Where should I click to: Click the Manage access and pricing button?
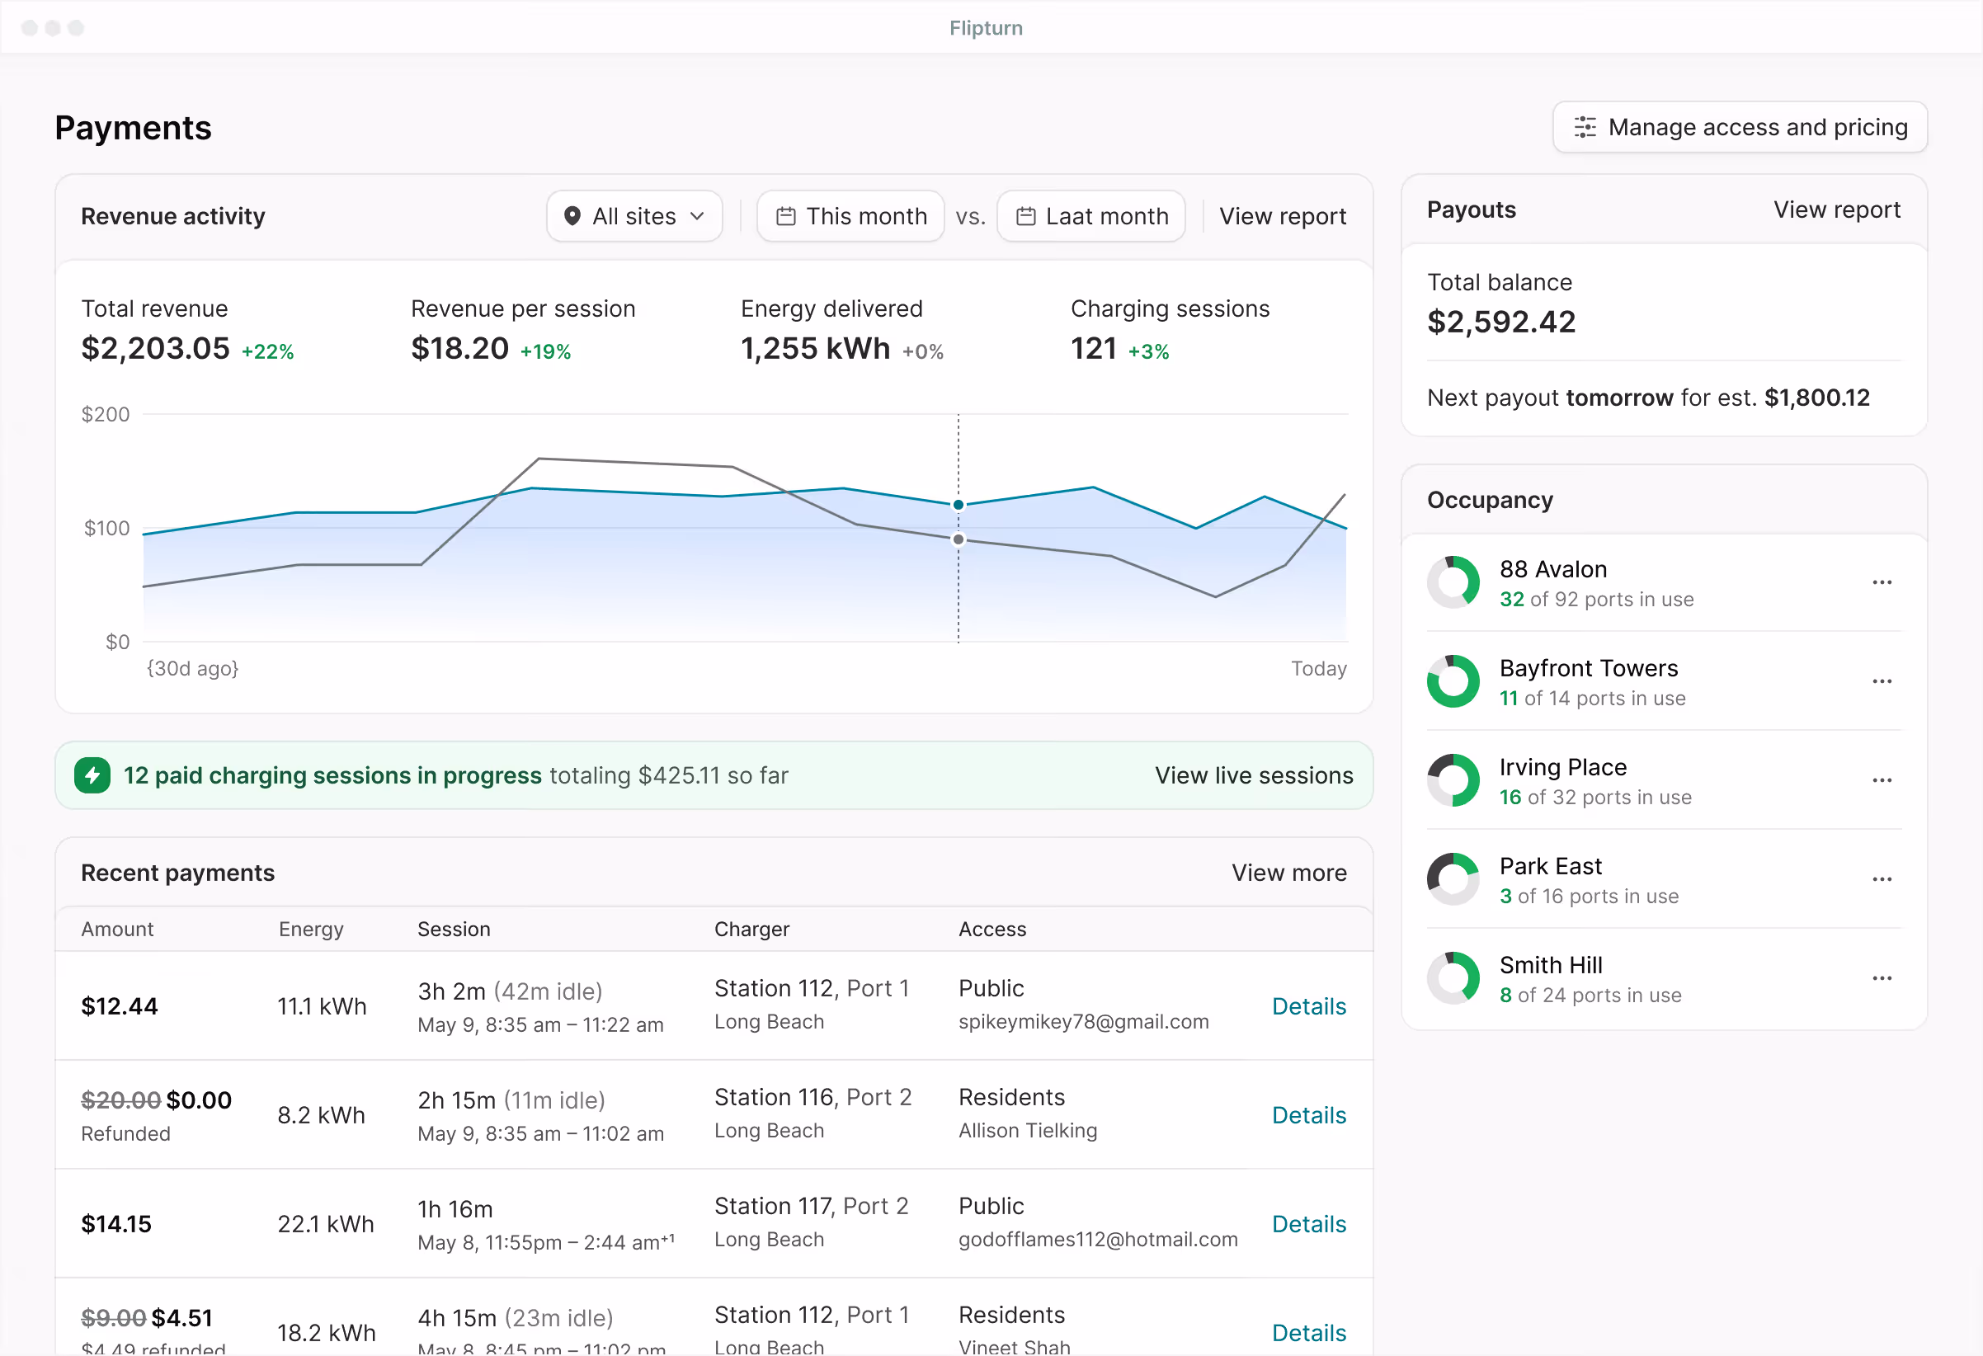(1739, 127)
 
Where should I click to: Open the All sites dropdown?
(634, 216)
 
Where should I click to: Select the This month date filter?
(850, 216)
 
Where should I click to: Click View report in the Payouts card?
(1836, 210)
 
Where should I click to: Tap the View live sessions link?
(1254, 775)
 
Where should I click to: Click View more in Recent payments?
(1288, 872)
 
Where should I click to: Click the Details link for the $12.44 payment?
(1308, 1006)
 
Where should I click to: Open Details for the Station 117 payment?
(1308, 1224)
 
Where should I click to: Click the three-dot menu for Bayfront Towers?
(1882, 681)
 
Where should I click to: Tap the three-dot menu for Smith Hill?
(1882, 978)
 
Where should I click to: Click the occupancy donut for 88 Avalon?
(1453, 582)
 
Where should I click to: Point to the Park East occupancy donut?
(1453, 879)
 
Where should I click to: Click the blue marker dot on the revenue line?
(959, 504)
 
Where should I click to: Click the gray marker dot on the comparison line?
(959, 539)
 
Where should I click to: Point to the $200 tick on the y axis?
(105, 415)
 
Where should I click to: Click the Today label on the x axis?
(1318, 668)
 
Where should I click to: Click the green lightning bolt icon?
(92, 775)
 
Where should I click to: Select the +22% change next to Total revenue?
(267, 351)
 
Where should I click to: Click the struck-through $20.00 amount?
(120, 1100)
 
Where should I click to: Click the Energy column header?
(311, 929)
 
